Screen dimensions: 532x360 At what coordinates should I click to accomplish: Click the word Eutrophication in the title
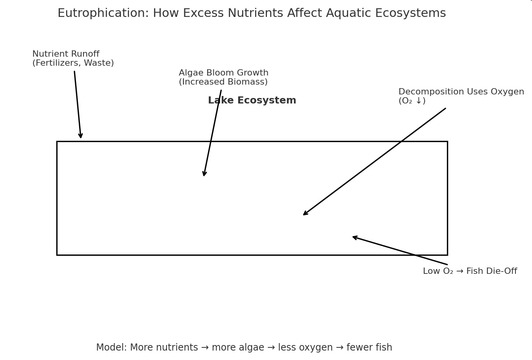coord(103,13)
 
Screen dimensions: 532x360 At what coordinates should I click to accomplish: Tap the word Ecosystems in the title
coord(410,13)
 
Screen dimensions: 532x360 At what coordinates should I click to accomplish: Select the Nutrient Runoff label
coord(66,54)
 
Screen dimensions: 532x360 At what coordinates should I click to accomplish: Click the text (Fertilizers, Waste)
coord(73,63)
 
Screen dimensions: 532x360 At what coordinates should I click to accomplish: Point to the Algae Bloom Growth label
coord(224,73)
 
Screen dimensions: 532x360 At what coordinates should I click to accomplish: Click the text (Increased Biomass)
coord(223,82)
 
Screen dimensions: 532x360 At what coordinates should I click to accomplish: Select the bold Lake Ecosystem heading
coord(252,100)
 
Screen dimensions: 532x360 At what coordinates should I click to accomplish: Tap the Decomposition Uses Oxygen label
coord(461,92)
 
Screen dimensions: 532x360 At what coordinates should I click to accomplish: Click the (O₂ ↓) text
coord(412,101)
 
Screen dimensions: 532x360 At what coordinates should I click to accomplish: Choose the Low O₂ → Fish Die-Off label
coord(470,271)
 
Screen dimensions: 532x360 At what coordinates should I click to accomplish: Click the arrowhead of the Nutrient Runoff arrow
coord(81,138)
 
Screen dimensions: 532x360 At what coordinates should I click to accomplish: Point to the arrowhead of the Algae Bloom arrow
coord(204,175)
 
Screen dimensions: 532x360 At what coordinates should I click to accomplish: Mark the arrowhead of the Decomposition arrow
coord(304,215)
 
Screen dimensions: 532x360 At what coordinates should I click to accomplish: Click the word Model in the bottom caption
coord(111,347)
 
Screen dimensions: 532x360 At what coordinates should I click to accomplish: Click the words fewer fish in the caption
coord(369,347)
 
